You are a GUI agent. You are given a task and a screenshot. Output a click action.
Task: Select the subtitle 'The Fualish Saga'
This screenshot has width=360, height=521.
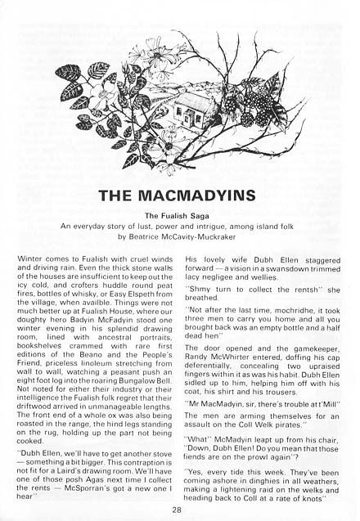180,218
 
